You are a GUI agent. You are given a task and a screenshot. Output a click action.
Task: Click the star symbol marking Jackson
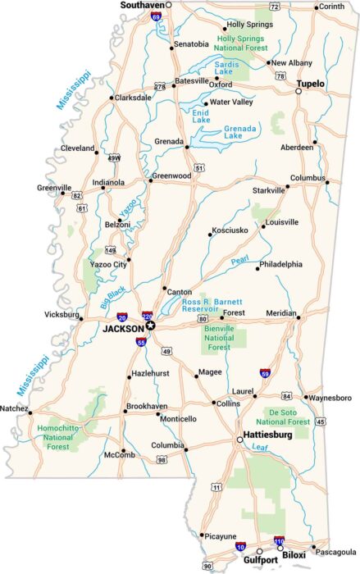pyautogui.click(x=150, y=326)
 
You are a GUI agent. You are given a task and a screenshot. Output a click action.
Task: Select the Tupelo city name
pyautogui.click(x=311, y=84)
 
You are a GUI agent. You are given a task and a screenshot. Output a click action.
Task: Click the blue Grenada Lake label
pyautogui.click(x=241, y=130)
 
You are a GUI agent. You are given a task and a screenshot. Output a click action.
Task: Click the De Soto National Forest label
pyautogui.click(x=287, y=417)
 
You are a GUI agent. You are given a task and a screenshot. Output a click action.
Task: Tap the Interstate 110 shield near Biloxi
pyautogui.click(x=279, y=541)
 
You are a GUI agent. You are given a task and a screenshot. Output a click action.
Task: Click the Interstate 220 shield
pyautogui.click(x=148, y=314)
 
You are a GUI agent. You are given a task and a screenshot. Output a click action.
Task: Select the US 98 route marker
pyautogui.click(x=162, y=460)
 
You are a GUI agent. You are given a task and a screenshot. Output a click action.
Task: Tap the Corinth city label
pyautogui.click(x=332, y=7)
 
